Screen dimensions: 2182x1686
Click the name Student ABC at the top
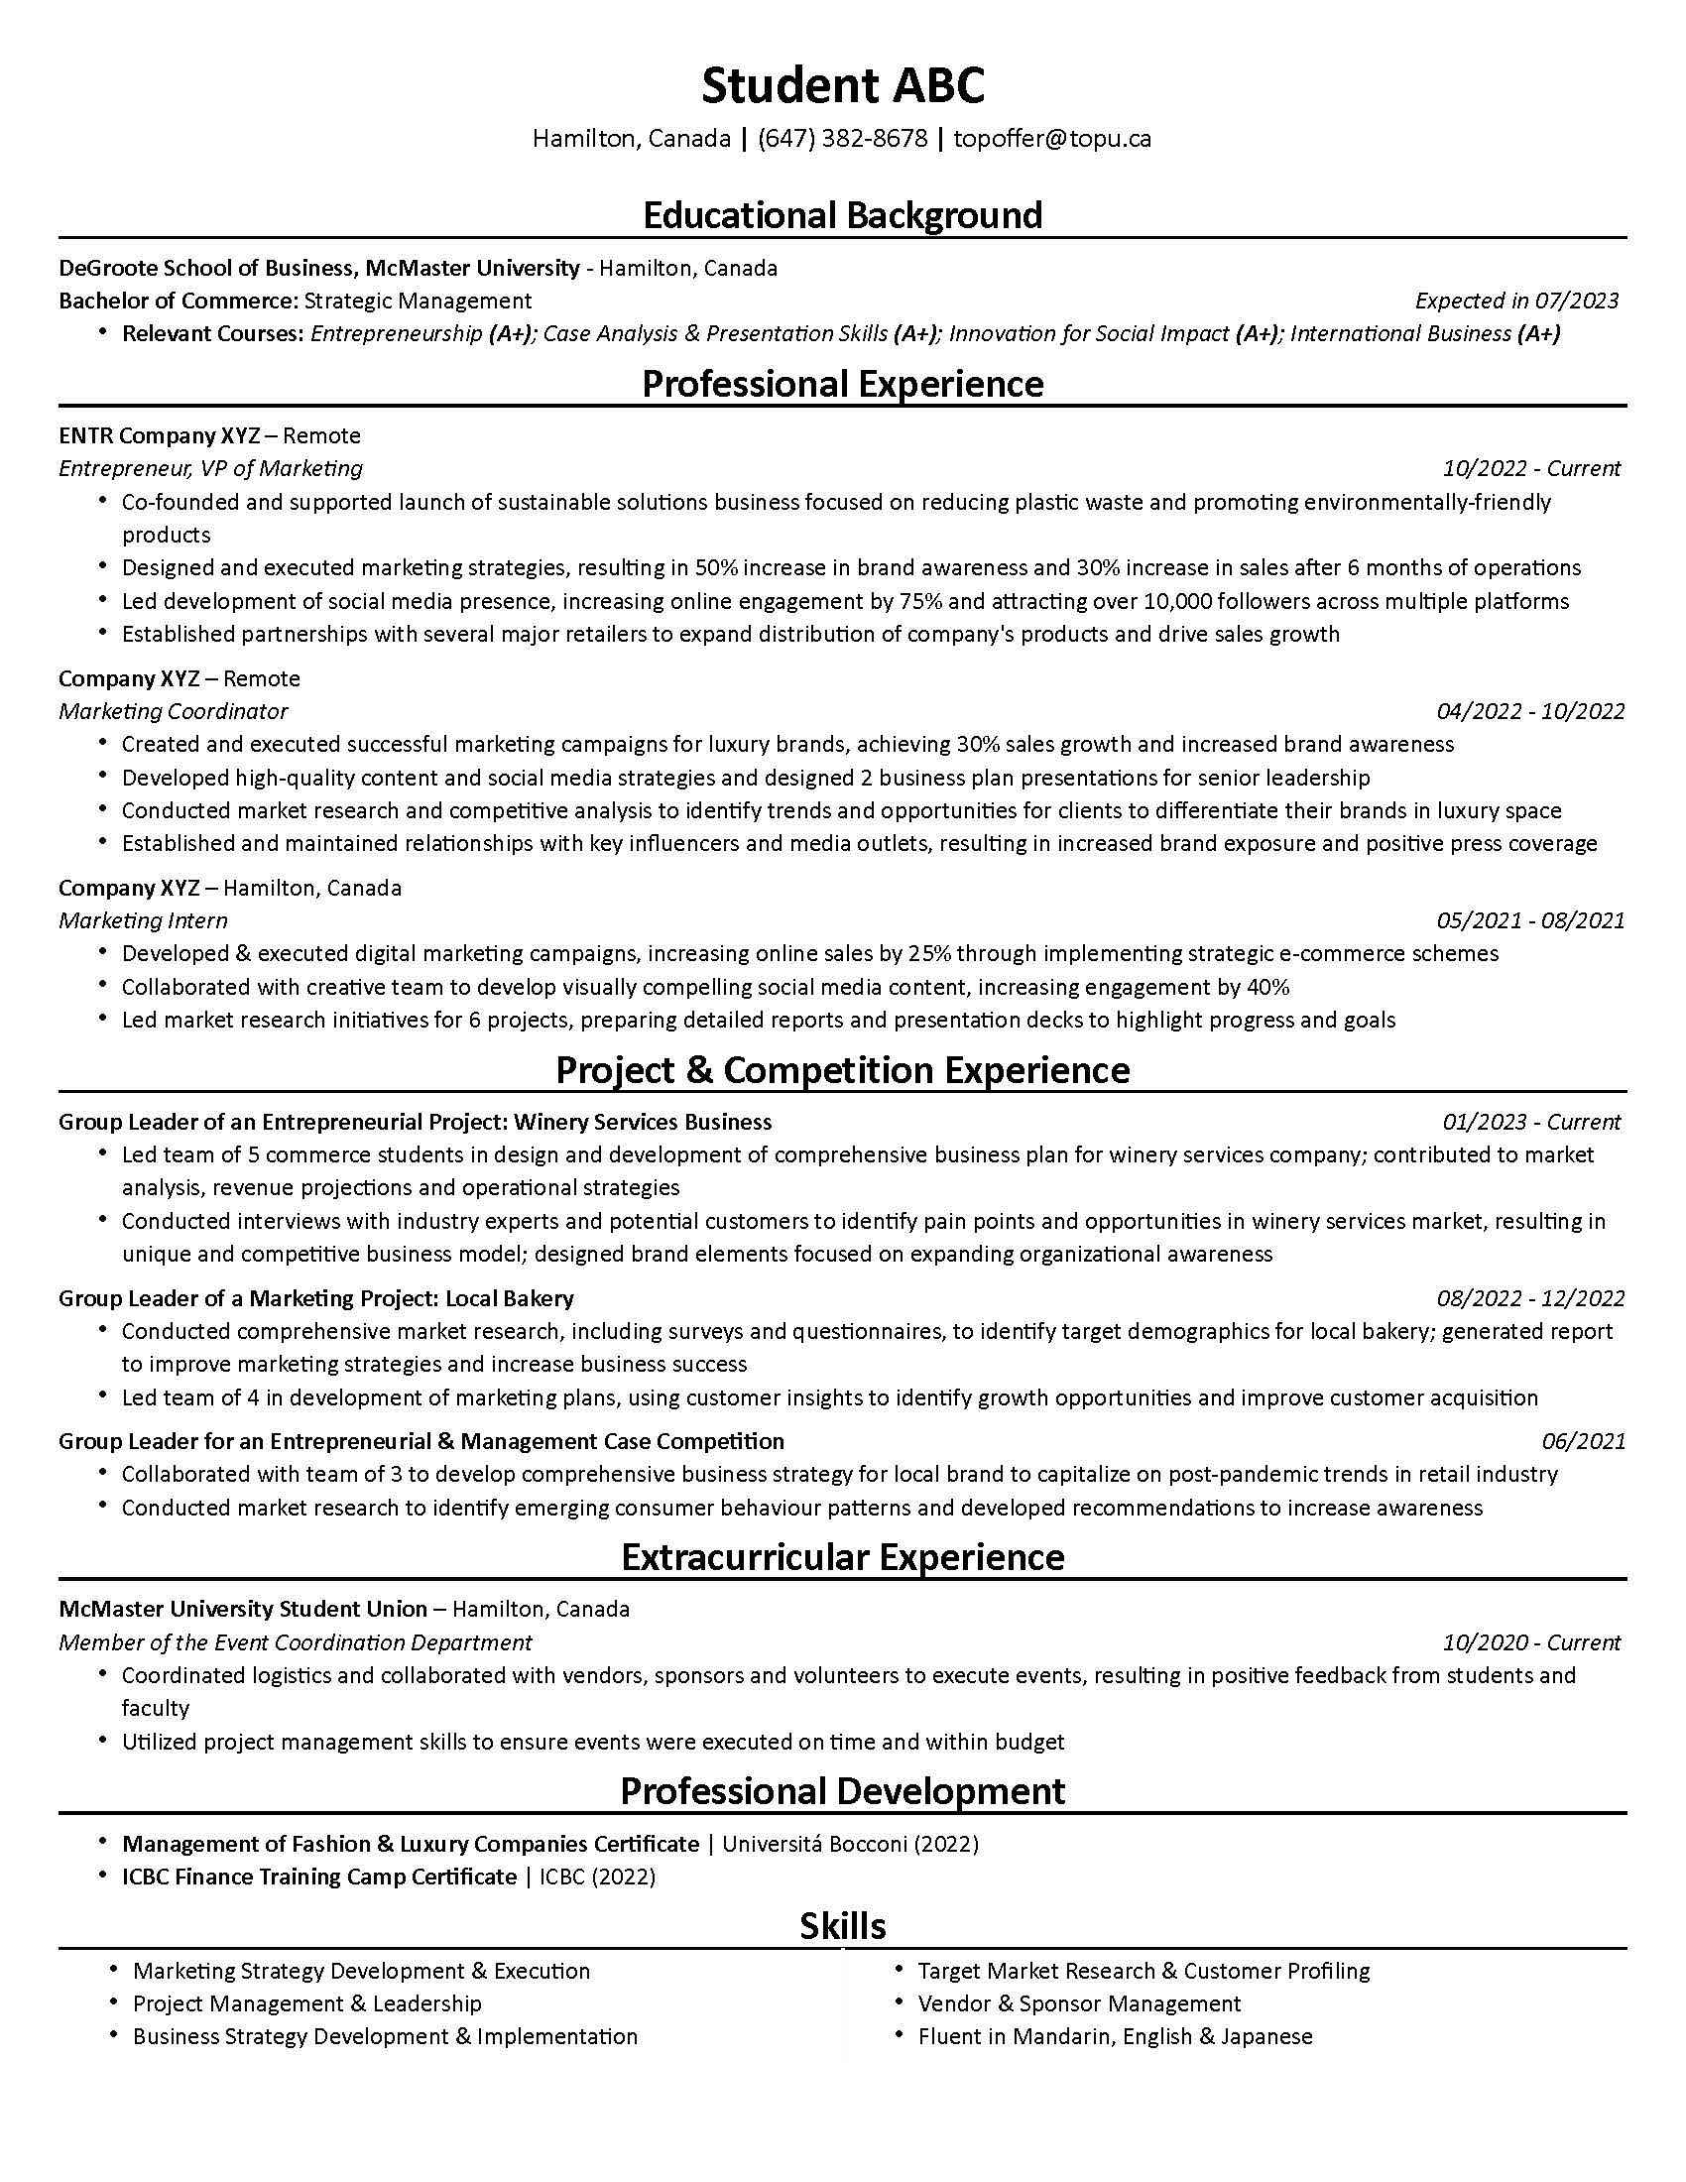click(x=842, y=86)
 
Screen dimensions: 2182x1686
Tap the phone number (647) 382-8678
click(x=842, y=138)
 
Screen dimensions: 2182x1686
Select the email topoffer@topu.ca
click(x=1051, y=138)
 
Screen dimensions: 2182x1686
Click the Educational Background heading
click(x=842, y=215)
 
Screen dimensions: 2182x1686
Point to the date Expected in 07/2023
click(x=1516, y=301)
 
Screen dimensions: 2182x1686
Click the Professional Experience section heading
click(x=842, y=384)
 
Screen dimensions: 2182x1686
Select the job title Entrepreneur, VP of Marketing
click(x=210, y=468)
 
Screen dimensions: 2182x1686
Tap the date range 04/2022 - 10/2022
click(x=1530, y=711)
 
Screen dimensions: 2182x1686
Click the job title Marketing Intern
click(x=143, y=920)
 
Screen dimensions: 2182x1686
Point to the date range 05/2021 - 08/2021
click(x=1530, y=920)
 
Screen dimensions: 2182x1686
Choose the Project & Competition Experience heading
click(x=842, y=1070)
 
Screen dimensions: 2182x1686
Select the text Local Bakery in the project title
click(x=510, y=1299)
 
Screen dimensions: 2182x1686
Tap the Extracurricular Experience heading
click(x=842, y=1557)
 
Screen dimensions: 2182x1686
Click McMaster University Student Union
click(x=243, y=1610)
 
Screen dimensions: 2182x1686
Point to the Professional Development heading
click(x=842, y=1790)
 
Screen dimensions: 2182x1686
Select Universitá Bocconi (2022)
click(x=850, y=1844)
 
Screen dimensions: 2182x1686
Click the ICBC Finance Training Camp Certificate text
click(x=318, y=1877)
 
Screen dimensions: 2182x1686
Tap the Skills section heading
click(x=842, y=1925)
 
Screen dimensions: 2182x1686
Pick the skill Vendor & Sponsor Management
click(x=1079, y=2003)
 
